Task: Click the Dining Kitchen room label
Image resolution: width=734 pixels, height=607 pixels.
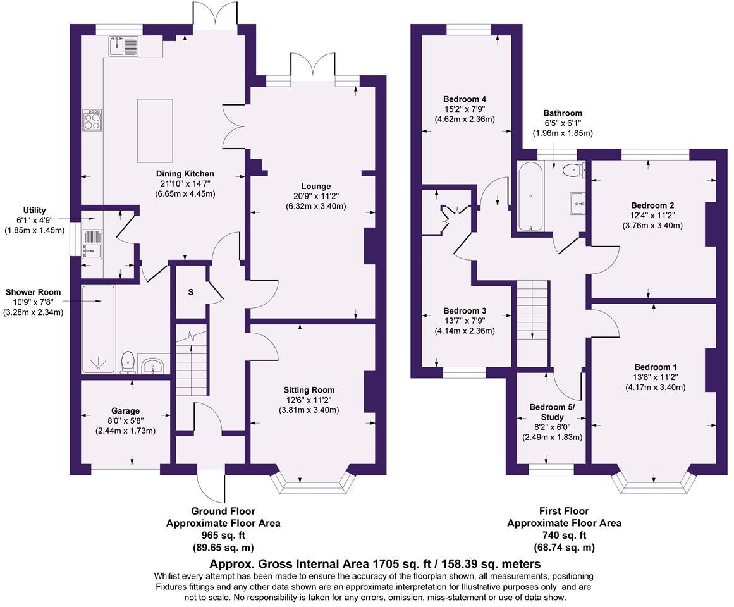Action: click(x=185, y=174)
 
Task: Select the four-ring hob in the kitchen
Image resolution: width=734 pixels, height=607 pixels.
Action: click(x=92, y=120)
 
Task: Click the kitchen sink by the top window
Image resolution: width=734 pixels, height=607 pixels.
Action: click(x=124, y=46)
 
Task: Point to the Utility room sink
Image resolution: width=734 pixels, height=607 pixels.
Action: click(x=91, y=243)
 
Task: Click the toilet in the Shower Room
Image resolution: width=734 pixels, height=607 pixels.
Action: click(x=127, y=362)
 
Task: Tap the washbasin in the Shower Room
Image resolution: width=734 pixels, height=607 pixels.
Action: click(x=153, y=365)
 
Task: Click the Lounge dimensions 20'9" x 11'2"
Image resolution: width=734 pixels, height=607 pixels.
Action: click(x=316, y=197)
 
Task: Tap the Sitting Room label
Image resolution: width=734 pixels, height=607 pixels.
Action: click(x=309, y=390)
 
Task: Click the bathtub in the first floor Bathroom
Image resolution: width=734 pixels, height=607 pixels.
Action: click(x=527, y=196)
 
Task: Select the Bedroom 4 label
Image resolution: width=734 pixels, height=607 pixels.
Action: click(x=464, y=99)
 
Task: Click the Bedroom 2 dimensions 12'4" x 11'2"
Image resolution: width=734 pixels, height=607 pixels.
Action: click(x=652, y=216)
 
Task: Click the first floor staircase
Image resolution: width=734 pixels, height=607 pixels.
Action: click(x=533, y=322)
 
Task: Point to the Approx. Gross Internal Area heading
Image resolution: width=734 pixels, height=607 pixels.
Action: click(x=376, y=563)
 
